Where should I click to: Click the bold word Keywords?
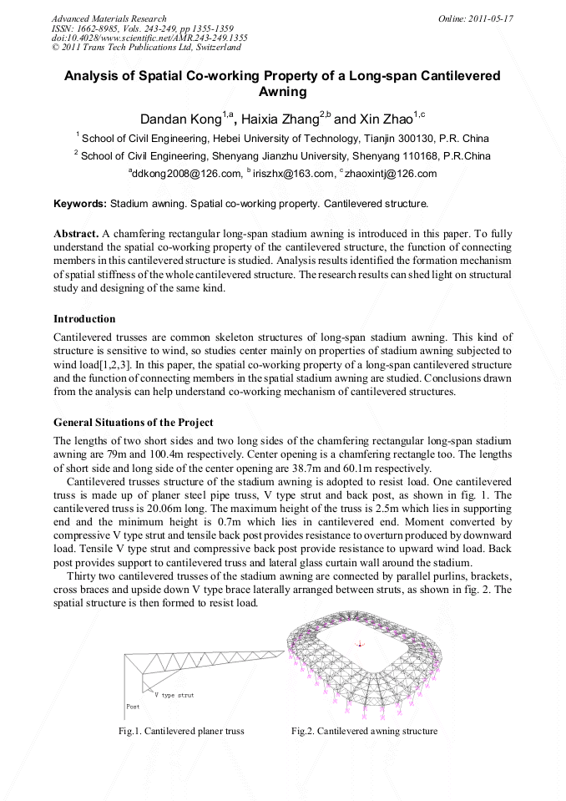[x=79, y=203]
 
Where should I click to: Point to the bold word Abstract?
[x=76, y=234]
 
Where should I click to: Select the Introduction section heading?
[x=84, y=318]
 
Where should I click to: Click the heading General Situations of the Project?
[x=133, y=422]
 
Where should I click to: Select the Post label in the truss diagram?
[x=132, y=706]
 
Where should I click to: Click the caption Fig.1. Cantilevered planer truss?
[x=182, y=731]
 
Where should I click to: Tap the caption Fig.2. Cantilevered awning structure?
[x=364, y=731]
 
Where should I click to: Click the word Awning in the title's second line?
[x=282, y=92]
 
